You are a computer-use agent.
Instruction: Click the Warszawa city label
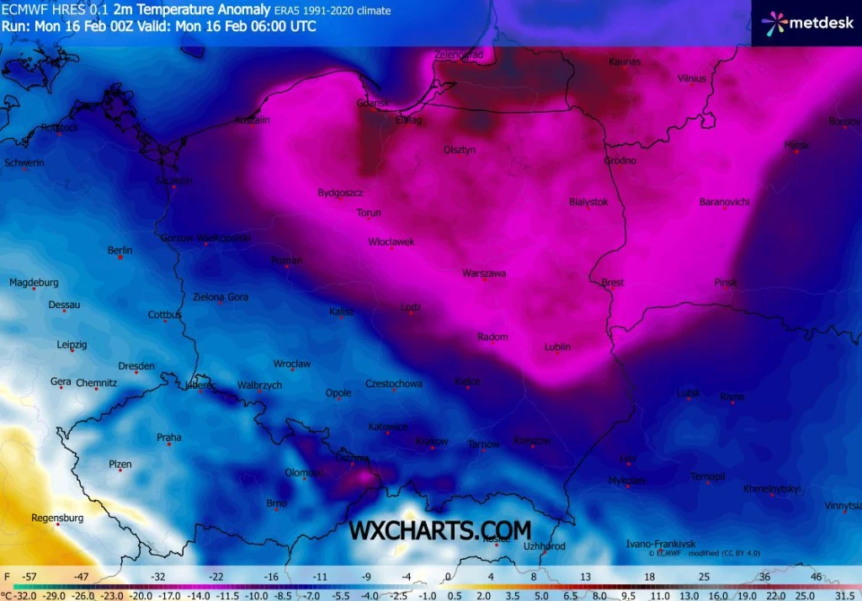[484, 273]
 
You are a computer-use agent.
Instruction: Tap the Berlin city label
[120, 250]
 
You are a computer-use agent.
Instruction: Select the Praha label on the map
[168, 437]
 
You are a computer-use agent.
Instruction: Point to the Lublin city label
[557, 347]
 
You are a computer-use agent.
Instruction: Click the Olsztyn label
[460, 150]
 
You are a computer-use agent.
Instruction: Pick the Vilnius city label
[691, 78]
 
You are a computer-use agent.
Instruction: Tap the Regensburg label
[57, 518]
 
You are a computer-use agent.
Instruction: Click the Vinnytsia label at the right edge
[843, 506]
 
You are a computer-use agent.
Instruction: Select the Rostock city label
[60, 128]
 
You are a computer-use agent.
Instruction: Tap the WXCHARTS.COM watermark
[440, 530]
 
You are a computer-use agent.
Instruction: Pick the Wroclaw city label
[292, 364]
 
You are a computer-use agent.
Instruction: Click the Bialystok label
[588, 202]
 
